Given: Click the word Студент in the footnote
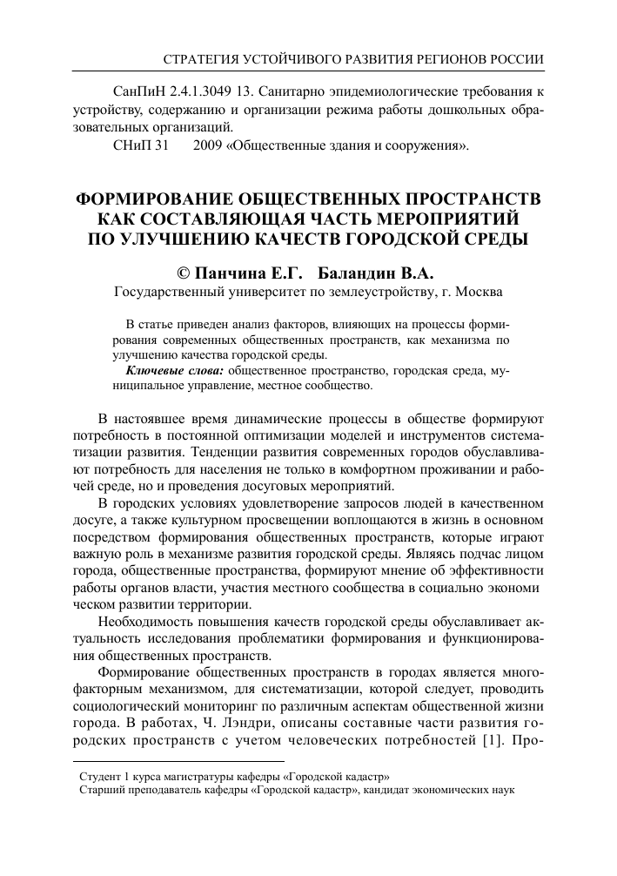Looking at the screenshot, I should point(98,775).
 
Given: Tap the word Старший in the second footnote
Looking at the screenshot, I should point(100,789).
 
